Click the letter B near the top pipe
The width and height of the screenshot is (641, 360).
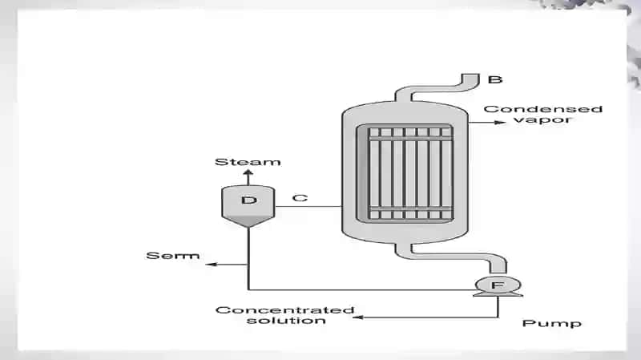click(x=495, y=79)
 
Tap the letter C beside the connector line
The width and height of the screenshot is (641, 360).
click(x=300, y=198)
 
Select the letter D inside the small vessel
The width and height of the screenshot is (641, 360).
click(x=249, y=200)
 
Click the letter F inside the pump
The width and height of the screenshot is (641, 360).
click(x=498, y=285)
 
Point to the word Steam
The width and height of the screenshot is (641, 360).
click(x=248, y=162)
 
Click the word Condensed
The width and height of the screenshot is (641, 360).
click(x=543, y=109)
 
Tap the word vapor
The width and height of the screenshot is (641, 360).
click(x=542, y=119)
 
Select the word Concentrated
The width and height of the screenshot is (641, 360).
click(x=284, y=310)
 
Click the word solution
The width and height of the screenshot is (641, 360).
click(x=286, y=321)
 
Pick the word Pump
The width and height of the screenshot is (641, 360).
click(x=551, y=323)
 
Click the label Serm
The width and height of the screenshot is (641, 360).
click(x=172, y=256)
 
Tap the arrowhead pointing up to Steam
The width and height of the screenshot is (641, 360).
click(x=248, y=173)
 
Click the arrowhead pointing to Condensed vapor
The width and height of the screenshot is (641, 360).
click(x=500, y=123)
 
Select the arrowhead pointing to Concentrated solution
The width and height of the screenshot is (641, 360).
click(x=358, y=317)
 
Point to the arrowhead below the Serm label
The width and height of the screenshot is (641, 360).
click(x=211, y=265)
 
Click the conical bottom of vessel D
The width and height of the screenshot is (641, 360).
click(x=248, y=221)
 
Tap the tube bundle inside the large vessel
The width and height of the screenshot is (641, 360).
click(x=410, y=173)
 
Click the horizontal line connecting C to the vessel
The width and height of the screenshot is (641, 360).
click(x=308, y=206)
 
